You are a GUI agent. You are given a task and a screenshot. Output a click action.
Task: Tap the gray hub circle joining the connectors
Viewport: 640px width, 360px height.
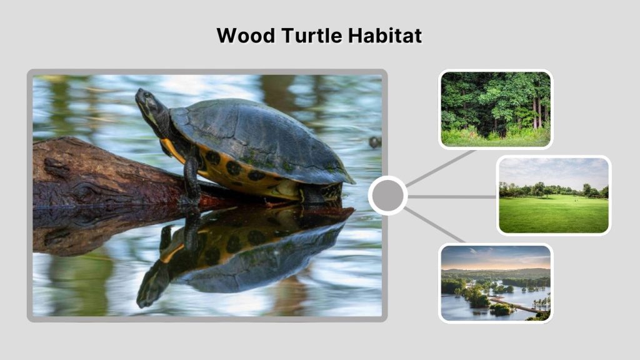point(387,196)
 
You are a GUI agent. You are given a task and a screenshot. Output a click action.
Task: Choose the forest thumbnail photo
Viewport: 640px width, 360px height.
point(495,109)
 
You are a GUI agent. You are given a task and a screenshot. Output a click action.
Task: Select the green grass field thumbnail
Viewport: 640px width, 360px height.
point(553,195)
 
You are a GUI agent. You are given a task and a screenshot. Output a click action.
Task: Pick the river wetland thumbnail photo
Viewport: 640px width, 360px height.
point(495,283)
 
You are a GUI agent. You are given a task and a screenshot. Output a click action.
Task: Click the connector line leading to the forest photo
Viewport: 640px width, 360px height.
point(441,167)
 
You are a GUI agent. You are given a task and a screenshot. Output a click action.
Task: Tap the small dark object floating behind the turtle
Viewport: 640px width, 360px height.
point(374,142)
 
